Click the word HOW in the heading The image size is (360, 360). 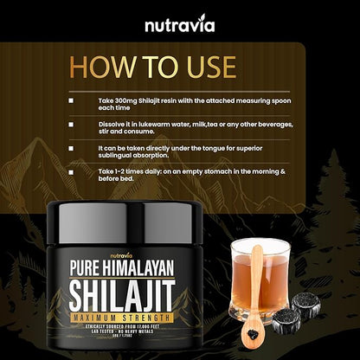[101, 67]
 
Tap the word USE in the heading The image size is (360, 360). [199, 67]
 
